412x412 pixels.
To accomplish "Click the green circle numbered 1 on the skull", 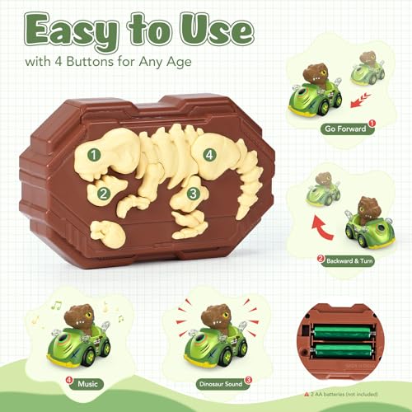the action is point(94,155).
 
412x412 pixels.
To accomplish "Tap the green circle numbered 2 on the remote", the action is point(104,194).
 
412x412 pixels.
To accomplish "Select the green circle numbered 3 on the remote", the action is point(194,194).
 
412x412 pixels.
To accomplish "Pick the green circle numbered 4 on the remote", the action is point(209,155).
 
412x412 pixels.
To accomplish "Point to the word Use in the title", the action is point(217,30).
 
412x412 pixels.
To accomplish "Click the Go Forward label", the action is point(345,129).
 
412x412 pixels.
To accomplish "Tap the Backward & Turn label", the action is point(349,260).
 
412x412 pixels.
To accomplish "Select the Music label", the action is point(87,384).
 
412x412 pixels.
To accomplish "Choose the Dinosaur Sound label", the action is point(221,384).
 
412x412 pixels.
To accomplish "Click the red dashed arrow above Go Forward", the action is point(360,101).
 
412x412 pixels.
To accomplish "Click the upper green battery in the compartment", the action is point(343,332).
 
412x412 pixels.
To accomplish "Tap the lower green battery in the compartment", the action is point(343,350).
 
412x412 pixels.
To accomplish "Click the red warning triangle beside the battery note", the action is point(307,394).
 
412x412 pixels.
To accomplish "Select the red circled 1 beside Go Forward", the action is point(372,124).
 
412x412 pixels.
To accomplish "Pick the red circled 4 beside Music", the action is point(69,380).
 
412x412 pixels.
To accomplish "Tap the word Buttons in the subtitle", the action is point(90,61).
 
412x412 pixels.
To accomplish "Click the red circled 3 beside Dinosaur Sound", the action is point(248,380).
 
